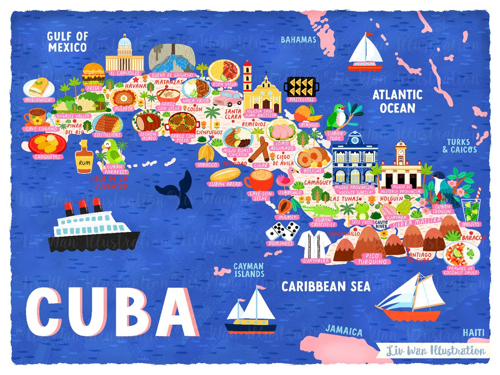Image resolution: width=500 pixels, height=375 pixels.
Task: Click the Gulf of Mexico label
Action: tap(67, 42)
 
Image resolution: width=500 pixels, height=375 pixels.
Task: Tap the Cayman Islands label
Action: tap(249, 270)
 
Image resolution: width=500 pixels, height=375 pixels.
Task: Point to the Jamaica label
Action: tap(344, 331)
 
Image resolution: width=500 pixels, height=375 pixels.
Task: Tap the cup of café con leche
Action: tap(260, 180)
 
